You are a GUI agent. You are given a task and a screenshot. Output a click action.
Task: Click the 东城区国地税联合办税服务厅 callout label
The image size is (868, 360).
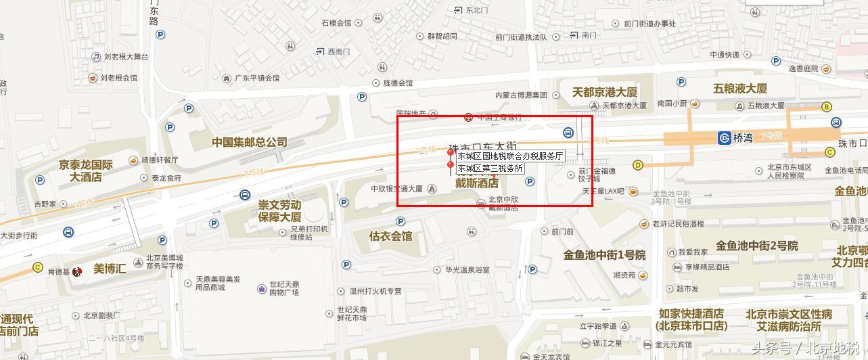tap(510, 156)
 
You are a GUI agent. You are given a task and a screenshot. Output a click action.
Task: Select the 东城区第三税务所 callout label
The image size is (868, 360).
tap(490, 168)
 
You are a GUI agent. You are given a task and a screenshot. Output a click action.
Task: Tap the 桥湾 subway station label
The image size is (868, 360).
tap(742, 138)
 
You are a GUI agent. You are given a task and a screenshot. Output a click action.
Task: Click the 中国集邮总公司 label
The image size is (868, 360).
tap(249, 142)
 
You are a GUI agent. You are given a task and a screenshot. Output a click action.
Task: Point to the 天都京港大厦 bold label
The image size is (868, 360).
tap(604, 91)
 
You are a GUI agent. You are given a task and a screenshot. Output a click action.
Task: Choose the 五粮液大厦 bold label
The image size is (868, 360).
tap(739, 89)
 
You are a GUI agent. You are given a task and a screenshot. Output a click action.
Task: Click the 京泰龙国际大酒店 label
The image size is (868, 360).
tap(85, 171)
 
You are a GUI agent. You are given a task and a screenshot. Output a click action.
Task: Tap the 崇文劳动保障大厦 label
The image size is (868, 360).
tap(279, 210)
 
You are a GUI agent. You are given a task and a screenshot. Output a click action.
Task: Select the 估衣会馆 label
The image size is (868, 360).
tap(390, 236)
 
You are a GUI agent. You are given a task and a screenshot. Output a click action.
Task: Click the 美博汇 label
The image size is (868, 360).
tap(110, 269)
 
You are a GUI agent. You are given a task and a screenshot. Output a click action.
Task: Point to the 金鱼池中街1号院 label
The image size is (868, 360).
tap(604, 255)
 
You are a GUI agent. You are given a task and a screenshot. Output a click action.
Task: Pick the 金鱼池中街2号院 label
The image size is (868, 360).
tap(757, 246)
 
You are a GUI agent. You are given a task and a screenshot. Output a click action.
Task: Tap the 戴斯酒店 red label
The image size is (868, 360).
tap(476, 183)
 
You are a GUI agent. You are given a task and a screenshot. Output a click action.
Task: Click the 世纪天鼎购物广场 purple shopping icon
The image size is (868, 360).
tap(262, 289)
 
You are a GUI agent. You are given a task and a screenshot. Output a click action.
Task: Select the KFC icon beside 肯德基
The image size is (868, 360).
tap(77, 272)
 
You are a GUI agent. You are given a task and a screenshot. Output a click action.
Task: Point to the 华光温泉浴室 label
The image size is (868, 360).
tap(467, 269)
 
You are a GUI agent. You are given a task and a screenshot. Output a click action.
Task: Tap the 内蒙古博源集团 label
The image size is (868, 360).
tap(520, 95)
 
